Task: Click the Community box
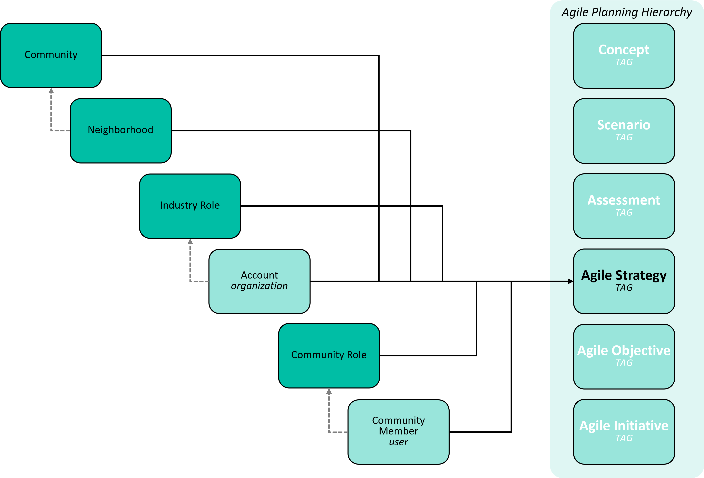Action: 51,55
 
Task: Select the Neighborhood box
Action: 120,131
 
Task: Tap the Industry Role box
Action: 190,206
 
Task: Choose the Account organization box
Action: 259,281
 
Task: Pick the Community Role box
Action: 329,356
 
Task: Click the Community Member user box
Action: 398,432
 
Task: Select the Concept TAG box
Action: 624,56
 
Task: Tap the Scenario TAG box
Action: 624,131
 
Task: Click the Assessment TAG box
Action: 624,206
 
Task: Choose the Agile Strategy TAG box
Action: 624,281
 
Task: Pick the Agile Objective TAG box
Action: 624,356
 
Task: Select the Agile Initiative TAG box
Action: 624,432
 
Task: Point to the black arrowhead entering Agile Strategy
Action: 570,281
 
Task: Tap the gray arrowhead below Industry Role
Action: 190,241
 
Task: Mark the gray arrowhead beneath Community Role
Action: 329,391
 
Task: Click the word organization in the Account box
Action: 259,286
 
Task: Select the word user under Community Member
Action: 398,442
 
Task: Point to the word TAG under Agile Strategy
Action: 624,288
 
